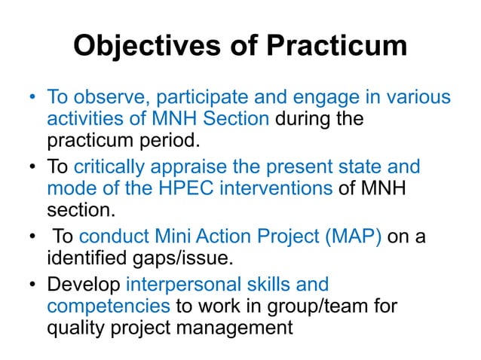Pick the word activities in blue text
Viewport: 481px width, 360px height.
(x=81, y=119)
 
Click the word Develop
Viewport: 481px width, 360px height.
(x=84, y=285)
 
